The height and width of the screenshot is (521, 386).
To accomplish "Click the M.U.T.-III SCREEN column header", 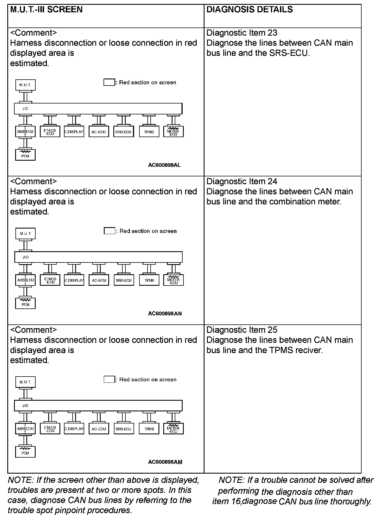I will (x=46, y=10).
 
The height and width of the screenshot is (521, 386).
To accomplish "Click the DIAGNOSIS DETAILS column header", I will (x=249, y=10).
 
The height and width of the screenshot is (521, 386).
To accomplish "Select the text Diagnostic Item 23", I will (x=242, y=33).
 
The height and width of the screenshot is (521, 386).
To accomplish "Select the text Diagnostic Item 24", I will (x=242, y=182).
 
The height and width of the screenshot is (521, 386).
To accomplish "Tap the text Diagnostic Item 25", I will (x=242, y=330).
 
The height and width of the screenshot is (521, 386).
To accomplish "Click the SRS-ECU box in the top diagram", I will (x=123, y=132).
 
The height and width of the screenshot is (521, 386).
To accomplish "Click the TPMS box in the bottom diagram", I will (x=149, y=429).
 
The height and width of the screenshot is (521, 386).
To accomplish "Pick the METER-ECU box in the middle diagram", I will (x=173, y=280).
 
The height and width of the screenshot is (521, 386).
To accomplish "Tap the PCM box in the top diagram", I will (x=25, y=155).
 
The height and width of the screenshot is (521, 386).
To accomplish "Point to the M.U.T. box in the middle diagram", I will (x=26, y=234).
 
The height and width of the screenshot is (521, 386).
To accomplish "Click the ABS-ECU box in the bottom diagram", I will (x=25, y=429).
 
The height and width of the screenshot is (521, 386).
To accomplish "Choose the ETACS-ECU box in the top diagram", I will (x=50, y=132).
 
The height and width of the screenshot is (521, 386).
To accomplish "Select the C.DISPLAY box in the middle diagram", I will (x=74, y=280).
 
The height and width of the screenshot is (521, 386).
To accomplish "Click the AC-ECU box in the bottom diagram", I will (x=99, y=429).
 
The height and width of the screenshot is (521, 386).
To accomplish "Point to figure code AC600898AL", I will (x=164, y=165).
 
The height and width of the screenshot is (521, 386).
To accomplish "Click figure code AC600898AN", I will (x=165, y=313).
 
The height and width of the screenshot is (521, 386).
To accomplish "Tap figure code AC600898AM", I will (x=165, y=462).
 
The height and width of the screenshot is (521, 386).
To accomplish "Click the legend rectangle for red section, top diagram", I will (x=109, y=82).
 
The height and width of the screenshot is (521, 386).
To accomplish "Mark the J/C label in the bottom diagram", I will (x=25, y=406).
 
